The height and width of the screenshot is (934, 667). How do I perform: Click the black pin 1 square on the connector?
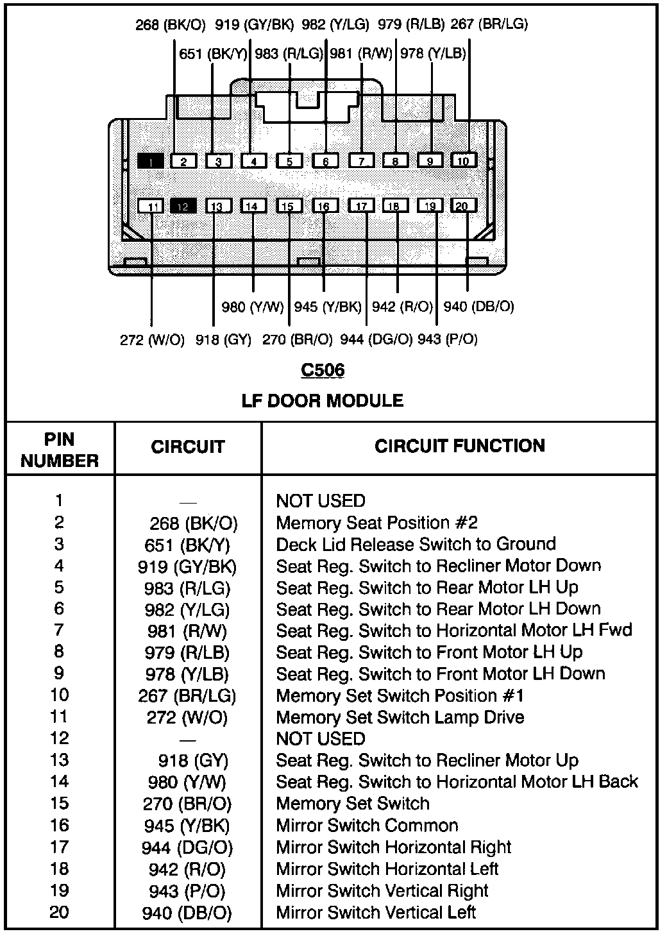[151, 161]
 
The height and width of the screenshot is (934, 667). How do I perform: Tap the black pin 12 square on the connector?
[183, 206]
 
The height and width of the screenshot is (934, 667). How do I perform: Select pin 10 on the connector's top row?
[464, 160]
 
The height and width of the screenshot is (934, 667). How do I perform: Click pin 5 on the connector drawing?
[289, 161]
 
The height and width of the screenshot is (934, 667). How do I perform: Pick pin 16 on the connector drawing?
[325, 206]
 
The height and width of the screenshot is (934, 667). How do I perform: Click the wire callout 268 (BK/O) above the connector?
[171, 25]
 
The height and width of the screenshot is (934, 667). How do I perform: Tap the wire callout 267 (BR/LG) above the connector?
[489, 24]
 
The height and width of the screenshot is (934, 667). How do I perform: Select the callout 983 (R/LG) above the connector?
[289, 54]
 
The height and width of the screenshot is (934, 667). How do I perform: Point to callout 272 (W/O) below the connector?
[152, 339]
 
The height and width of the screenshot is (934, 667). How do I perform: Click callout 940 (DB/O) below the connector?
[478, 307]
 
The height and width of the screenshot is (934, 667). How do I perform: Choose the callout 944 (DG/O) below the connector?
[376, 339]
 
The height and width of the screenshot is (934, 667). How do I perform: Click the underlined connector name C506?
[323, 370]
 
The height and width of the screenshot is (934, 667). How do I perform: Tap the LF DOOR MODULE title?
[323, 401]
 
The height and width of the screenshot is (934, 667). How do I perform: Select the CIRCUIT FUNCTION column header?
[459, 446]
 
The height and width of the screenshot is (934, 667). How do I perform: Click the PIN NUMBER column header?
[60, 450]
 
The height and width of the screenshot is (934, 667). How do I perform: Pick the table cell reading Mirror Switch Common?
[367, 826]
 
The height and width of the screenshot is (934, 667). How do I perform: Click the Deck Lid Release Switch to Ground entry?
[416, 545]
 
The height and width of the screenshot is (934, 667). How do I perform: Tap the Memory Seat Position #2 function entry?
[376, 523]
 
